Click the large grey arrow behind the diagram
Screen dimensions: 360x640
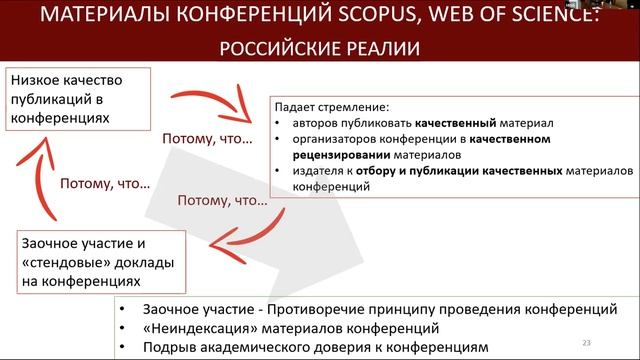pos(330,250)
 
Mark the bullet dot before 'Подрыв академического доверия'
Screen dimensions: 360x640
pos(122,348)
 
